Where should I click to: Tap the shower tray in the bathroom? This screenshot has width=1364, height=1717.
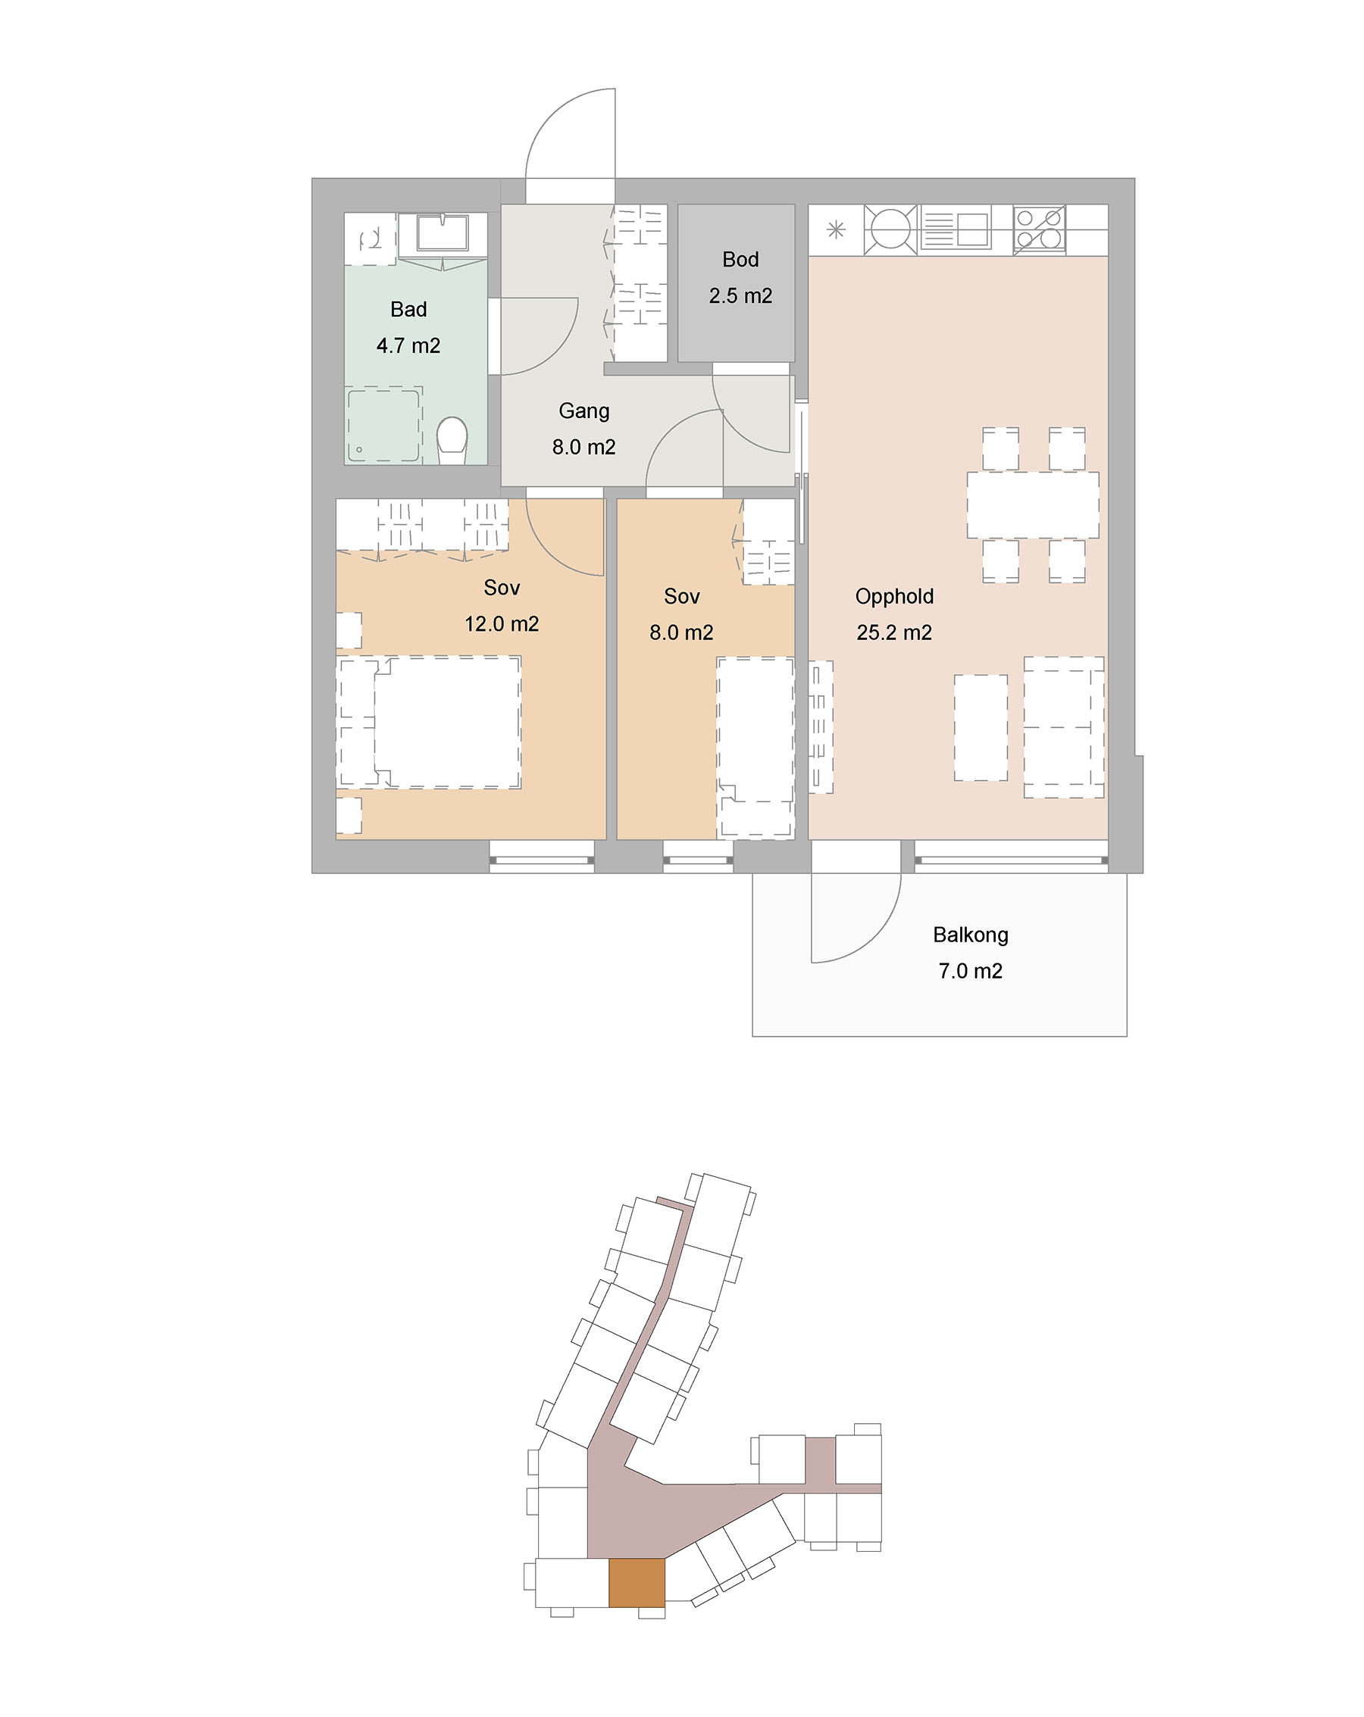click(383, 424)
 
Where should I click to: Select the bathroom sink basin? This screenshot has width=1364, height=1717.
click(443, 233)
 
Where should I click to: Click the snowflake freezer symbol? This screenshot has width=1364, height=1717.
click(836, 230)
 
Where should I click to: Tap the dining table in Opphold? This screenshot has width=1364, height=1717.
click(1033, 505)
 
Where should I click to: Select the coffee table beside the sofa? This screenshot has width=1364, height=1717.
click(981, 727)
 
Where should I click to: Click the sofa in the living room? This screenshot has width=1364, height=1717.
click(1064, 727)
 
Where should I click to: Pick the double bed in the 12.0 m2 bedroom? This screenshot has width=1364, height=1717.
click(430, 723)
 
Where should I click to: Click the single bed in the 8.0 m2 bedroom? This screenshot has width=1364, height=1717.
click(756, 747)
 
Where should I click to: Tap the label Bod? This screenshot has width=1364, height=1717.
click(740, 260)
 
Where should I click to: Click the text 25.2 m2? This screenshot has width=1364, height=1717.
click(894, 632)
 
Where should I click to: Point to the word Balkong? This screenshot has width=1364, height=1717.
click(971, 935)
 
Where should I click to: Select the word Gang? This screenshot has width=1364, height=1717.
click(584, 411)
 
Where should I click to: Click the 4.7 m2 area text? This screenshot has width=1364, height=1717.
click(408, 345)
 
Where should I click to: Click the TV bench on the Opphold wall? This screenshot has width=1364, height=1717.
click(821, 726)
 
